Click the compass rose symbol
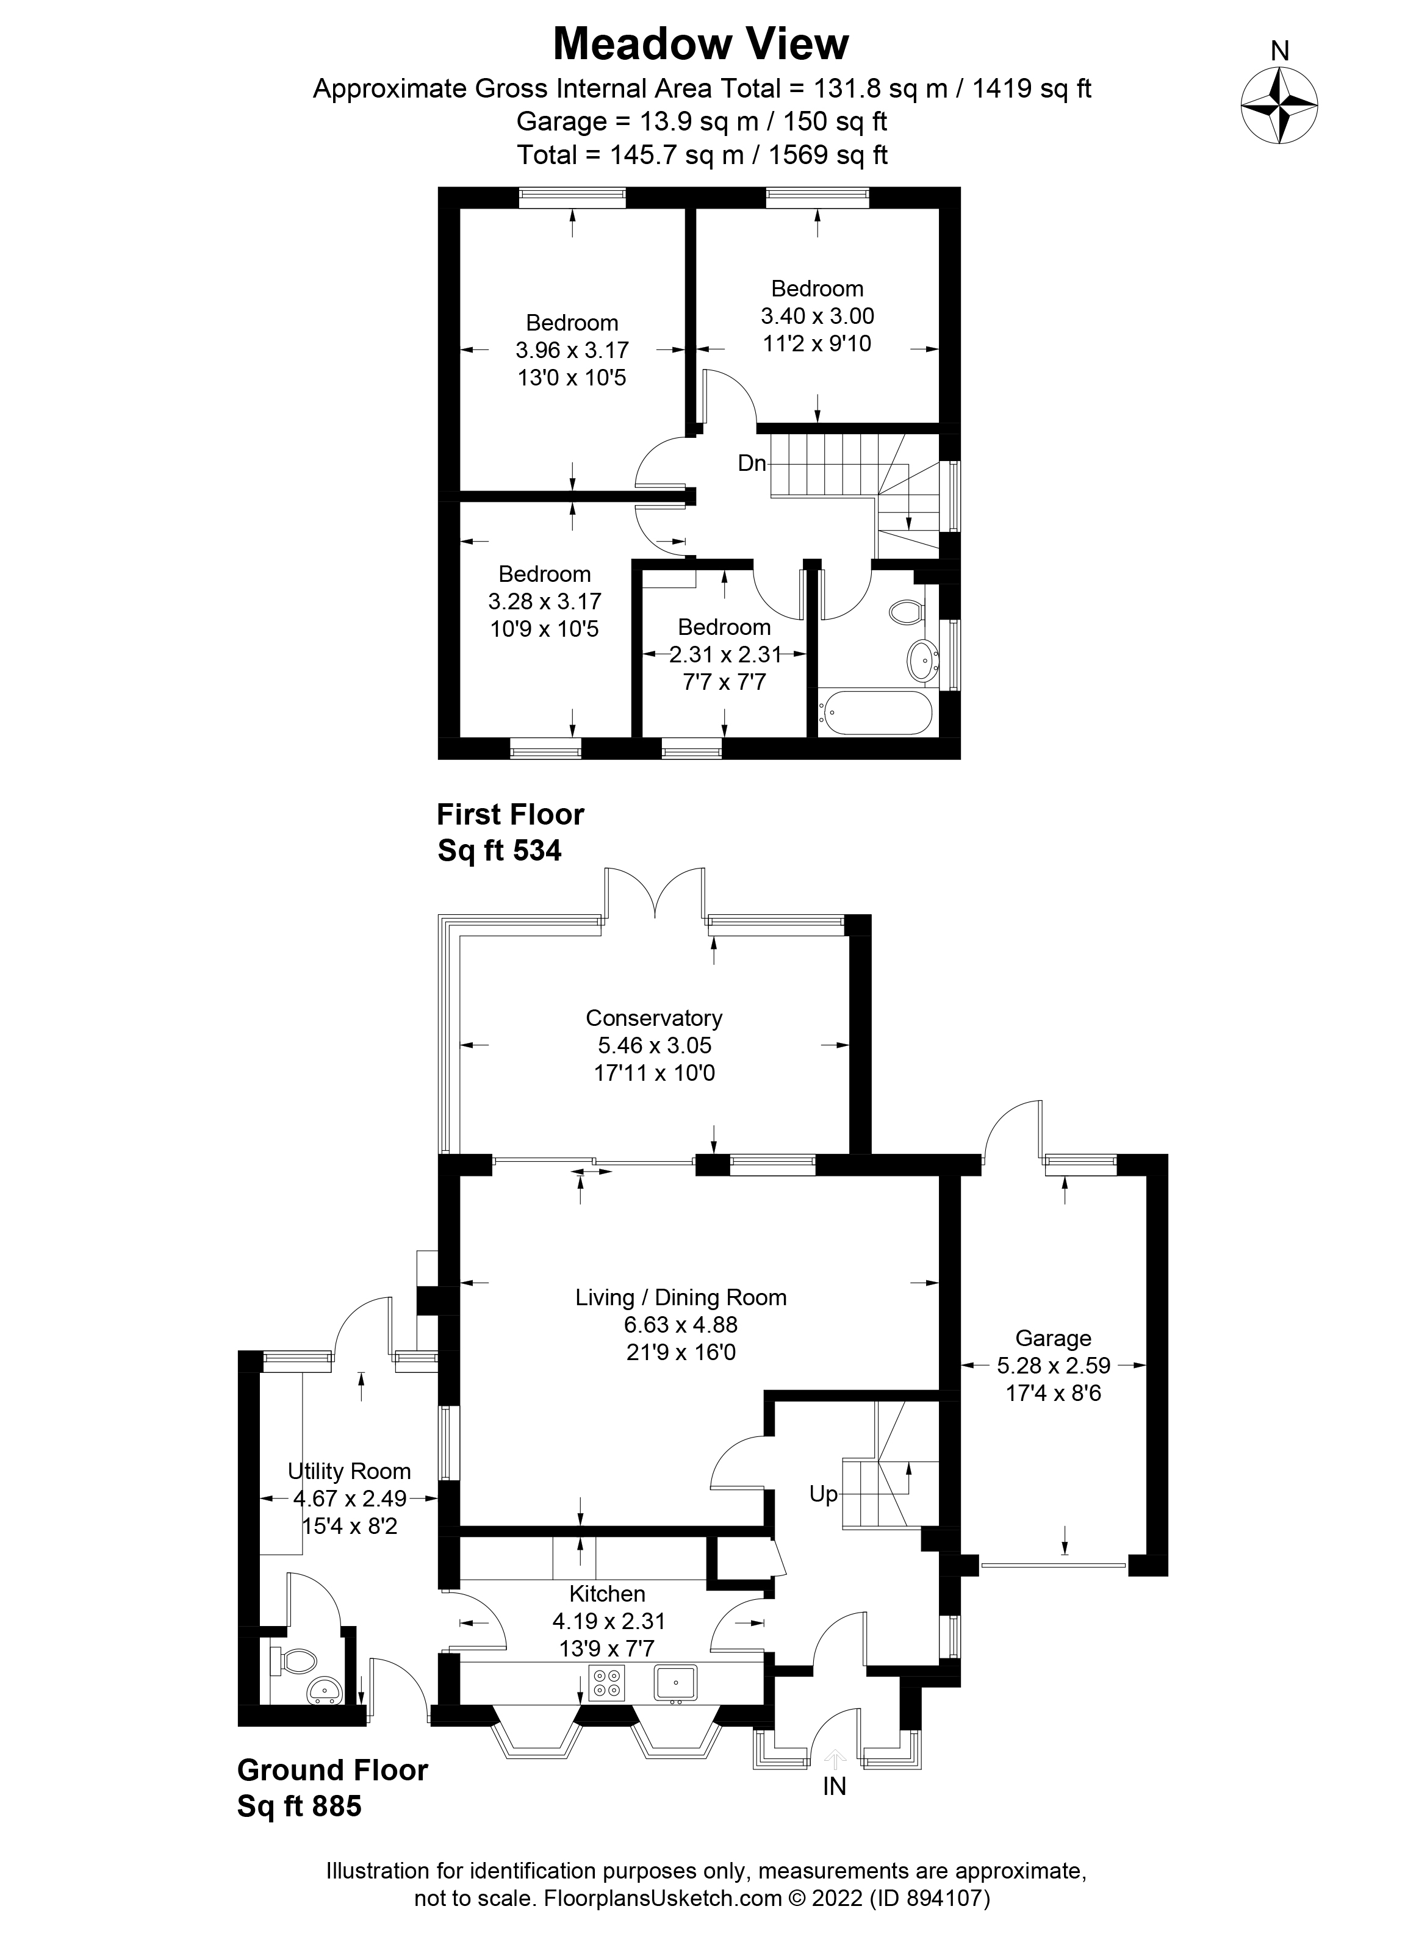click(x=1279, y=106)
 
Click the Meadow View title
click(x=701, y=44)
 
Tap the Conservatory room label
click(x=653, y=1018)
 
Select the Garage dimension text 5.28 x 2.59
click(x=1054, y=1365)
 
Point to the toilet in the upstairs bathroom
click(x=906, y=612)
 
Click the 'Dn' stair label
click(x=752, y=463)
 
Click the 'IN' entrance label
click(x=834, y=1786)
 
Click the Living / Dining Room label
click(x=681, y=1297)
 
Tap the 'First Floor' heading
click(x=511, y=814)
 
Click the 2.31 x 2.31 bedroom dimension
click(x=725, y=655)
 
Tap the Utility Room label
click(x=349, y=1472)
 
